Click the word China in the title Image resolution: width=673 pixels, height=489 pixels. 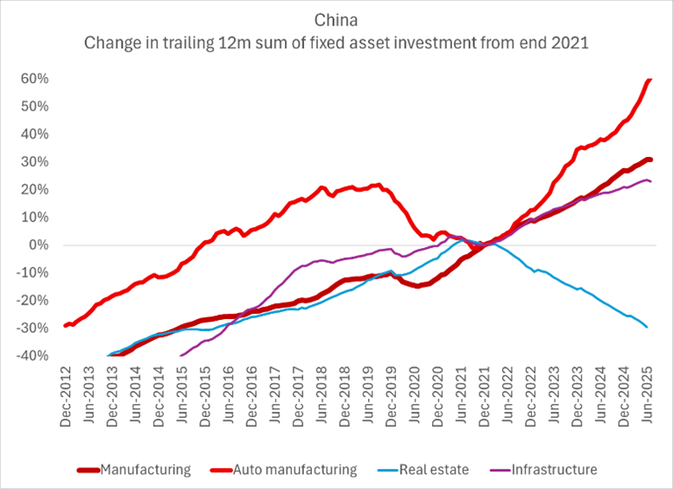[336, 18]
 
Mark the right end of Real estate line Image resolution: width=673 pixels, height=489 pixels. [647, 327]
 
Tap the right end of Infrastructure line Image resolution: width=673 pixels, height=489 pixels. [649, 181]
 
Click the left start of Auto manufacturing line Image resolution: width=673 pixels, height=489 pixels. [66, 326]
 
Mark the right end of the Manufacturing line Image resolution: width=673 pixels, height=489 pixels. [650, 159]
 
